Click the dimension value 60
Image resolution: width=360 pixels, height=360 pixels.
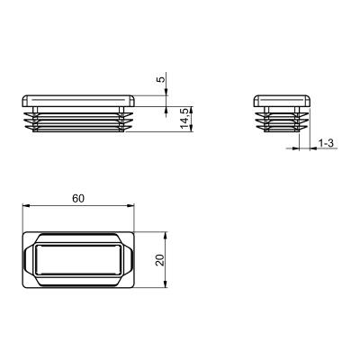point(78,198)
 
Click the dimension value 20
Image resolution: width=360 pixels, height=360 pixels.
point(160,260)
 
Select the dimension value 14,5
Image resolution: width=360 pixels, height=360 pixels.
point(186,119)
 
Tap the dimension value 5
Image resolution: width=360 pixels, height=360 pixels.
point(161,79)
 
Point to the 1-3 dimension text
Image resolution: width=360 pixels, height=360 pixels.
point(326,143)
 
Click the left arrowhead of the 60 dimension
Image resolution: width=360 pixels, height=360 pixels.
point(26,205)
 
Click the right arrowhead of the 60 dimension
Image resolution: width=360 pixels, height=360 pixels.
point(130,205)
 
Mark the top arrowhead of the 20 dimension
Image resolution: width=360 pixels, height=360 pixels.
point(166,235)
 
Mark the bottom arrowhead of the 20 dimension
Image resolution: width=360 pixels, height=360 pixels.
point(166,284)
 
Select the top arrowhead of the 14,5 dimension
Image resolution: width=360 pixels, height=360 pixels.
point(192,110)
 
